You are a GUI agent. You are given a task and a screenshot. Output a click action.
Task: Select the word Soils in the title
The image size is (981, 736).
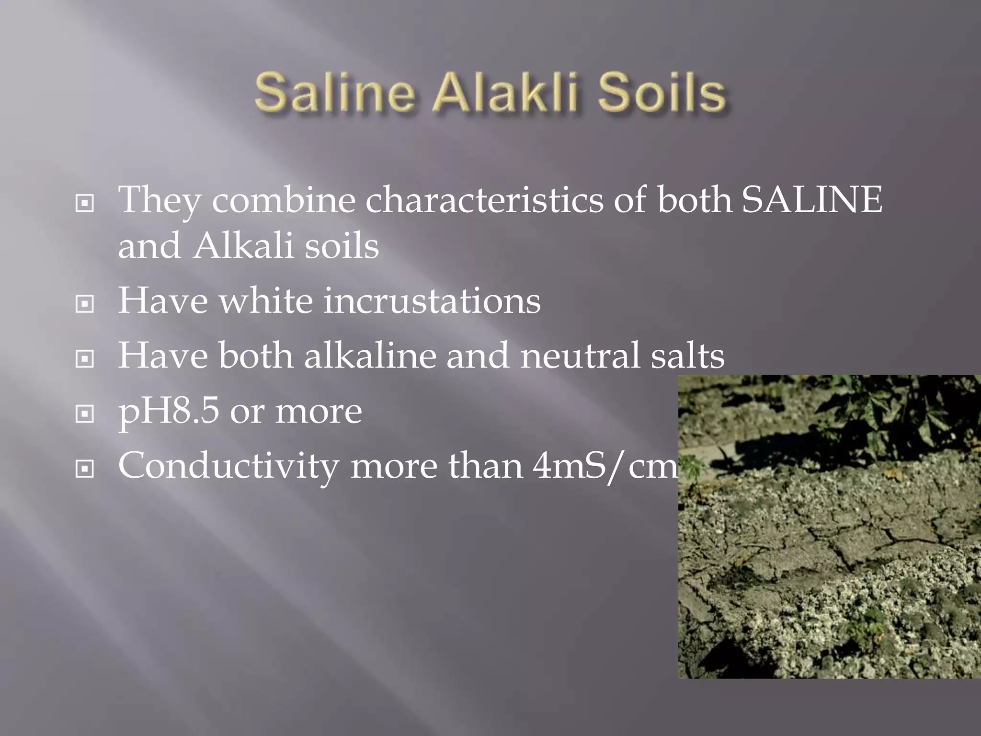(x=662, y=92)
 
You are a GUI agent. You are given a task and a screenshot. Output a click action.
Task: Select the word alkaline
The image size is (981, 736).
(x=370, y=356)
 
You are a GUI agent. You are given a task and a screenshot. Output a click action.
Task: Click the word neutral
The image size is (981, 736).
(x=580, y=356)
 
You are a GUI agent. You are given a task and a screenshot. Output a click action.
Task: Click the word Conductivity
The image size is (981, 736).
(x=228, y=466)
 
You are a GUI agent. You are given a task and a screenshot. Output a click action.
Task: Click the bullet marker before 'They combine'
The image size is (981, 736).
(x=85, y=204)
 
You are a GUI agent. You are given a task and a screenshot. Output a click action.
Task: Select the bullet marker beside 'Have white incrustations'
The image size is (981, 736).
(x=85, y=304)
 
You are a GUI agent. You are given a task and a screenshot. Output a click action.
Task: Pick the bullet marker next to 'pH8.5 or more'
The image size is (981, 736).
(x=85, y=414)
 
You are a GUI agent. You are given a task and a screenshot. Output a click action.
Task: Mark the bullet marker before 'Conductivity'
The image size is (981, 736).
(x=85, y=469)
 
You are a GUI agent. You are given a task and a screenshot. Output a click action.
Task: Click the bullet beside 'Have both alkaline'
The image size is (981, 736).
(x=85, y=359)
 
